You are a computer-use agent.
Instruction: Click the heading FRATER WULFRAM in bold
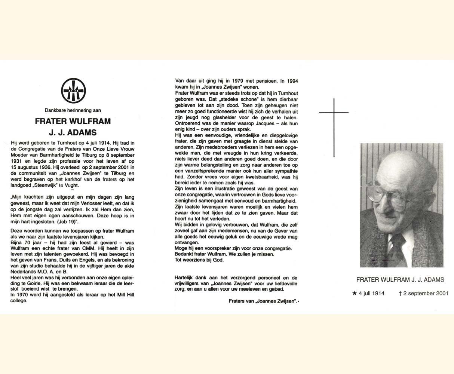pyautogui.click(x=73, y=121)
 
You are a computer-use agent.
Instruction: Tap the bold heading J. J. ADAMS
pyautogui.click(x=73, y=132)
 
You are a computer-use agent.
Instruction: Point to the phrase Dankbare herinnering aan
pyautogui.click(x=73, y=110)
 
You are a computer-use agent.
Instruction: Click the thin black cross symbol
pyautogui.click(x=334, y=127)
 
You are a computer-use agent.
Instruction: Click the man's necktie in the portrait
pyautogui.click(x=397, y=249)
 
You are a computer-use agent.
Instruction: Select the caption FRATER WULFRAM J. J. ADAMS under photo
pyautogui.click(x=400, y=280)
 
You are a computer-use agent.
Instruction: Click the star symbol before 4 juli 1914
pyautogui.click(x=355, y=294)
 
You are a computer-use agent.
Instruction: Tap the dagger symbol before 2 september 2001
pyautogui.click(x=400, y=294)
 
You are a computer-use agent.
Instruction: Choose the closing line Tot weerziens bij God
pyautogui.click(x=199, y=260)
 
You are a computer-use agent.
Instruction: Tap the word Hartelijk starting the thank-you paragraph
pyautogui.click(x=185, y=278)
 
